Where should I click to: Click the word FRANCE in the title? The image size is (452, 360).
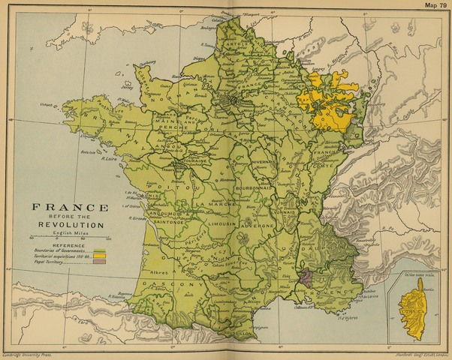coord(68,207)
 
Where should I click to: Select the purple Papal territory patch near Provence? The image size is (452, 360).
coord(303,278)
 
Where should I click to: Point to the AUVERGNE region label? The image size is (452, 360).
coord(258,223)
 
